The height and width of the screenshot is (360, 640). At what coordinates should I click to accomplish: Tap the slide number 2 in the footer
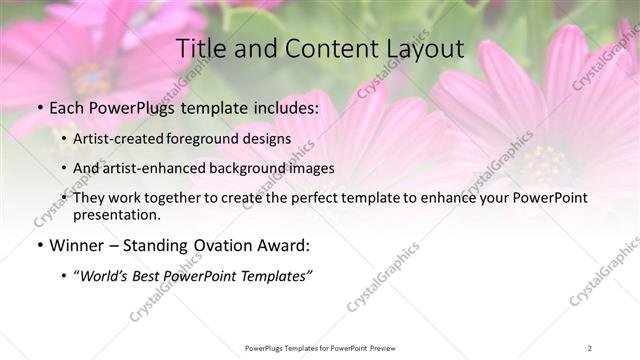pos(590,347)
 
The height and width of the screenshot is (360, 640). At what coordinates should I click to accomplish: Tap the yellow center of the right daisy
pos(545,160)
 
